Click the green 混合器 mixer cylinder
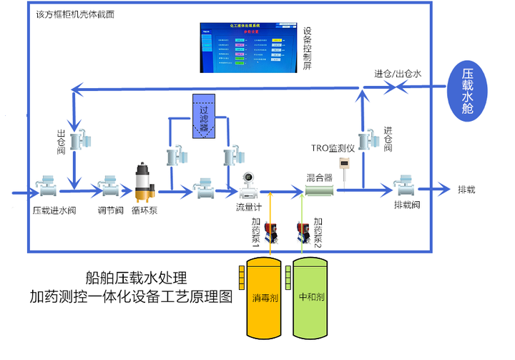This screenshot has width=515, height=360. tap(321, 190)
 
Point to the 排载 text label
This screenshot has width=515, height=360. tap(466, 190)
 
